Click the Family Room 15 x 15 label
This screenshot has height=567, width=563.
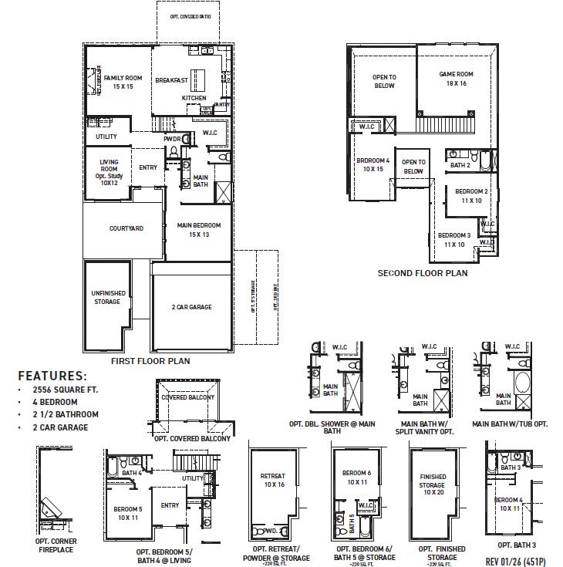pos(123,83)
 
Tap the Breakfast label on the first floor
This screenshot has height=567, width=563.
pos(171,80)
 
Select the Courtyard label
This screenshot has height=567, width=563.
pos(126,228)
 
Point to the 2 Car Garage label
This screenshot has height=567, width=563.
pos(191,307)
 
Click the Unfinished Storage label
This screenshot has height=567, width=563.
pos(107,297)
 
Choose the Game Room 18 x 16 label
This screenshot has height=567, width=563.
pos(456,79)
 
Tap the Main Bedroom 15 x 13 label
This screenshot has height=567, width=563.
pos(199,230)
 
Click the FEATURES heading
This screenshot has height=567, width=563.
pos(52,375)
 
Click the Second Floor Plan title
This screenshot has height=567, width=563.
pos(422,273)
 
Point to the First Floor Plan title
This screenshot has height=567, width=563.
pos(151,360)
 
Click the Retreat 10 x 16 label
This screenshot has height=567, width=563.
pos(272,481)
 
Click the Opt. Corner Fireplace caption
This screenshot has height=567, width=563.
pos(56,545)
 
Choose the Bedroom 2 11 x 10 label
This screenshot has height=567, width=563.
pos(471,195)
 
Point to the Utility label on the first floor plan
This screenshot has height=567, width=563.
pos(106,137)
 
